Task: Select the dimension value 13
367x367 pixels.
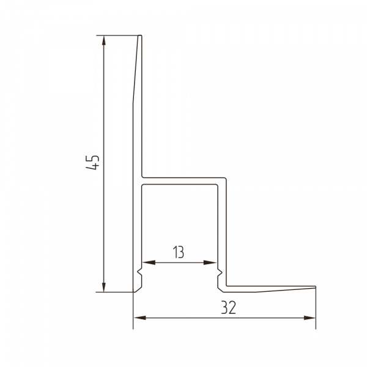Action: [x=179, y=251]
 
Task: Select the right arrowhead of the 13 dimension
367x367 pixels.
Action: [x=213, y=263]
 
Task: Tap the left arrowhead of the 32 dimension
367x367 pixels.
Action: [x=138, y=317]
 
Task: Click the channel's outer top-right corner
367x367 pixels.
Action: [x=227, y=177]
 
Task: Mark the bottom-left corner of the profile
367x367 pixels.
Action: [x=134, y=292]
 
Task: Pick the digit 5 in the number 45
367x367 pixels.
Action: [x=93, y=158]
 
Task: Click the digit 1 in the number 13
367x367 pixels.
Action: [x=176, y=251]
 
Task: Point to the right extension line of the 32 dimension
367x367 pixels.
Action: [x=316, y=309]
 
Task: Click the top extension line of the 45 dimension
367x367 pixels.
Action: [x=119, y=35]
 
